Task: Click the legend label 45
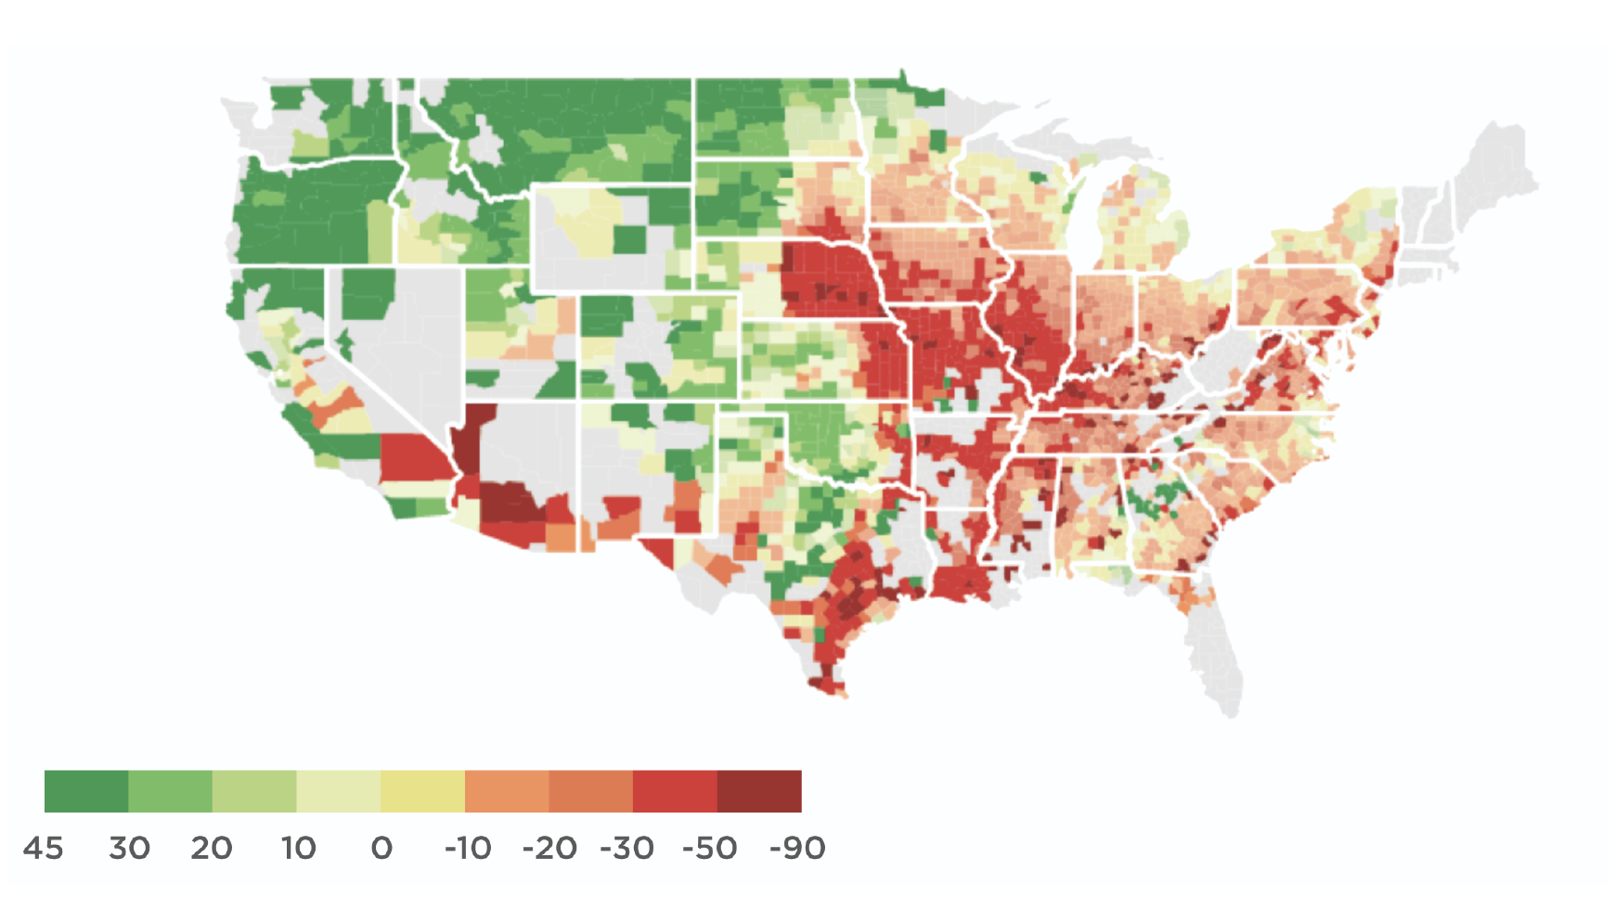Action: [x=43, y=848]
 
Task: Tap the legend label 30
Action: [x=129, y=848]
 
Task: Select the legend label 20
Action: [x=212, y=848]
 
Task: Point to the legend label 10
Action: [x=299, y=848]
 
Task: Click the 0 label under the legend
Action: [x=381, y=848]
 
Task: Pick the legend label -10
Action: [x=468, y=848]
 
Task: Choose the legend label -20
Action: [x=549, y=848]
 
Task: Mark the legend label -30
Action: [x=627, y=848]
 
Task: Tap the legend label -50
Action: [x=710, y=848]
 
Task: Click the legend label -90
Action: [x=797, y=848]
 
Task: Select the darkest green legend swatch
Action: [x=86, y=791]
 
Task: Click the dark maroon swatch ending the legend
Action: [x=759, y=791]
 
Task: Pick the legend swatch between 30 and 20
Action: [x=170, y=791]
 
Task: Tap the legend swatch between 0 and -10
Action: [x=422, y=791]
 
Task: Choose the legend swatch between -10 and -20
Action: [x=507, y=791]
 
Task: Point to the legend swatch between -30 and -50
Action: [x=675, y=791]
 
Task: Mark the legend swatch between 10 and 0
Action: [x=339, y=791]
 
